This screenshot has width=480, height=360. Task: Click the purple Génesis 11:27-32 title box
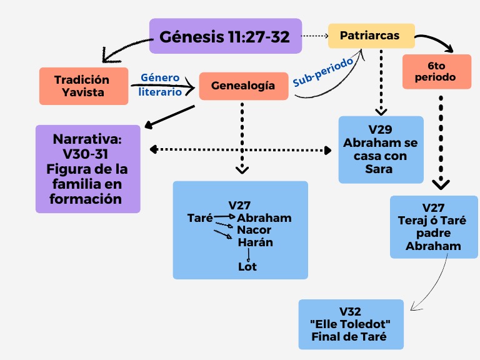coord(225,36)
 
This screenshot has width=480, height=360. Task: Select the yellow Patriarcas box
coord(371,36)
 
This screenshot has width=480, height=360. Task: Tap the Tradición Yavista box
coord(83,86)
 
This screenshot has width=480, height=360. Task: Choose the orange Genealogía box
coord(244,86)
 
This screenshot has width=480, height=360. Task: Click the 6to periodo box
coord(437,71)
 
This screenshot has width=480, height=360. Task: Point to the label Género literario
coord(160,84)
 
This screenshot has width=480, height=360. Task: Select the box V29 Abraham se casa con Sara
coord(381,149)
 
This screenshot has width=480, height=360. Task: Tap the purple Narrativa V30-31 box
coord(87,169)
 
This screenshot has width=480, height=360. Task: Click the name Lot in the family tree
coord(247,267)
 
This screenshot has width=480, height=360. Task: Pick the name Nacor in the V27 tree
coord(254,230)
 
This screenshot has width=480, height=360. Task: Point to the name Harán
coord(256,242)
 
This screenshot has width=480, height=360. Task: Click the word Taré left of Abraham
coord(200,218)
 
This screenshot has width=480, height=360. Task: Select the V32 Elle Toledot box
coord(350,324)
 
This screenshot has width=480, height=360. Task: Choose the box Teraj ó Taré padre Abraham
coord(434,227)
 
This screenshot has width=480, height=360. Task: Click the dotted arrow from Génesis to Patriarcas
coord(315,36)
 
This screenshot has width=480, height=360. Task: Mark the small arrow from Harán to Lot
coord(249,254)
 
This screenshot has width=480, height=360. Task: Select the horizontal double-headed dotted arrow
coord(241,150)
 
